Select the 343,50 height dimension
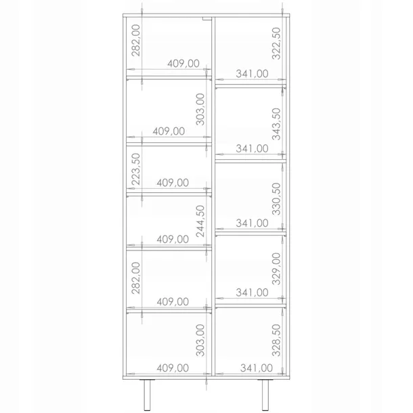pyautogui.click(x=276, y=123)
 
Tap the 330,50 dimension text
pyautogui.click(x=276, y=198)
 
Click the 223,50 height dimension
pyautogui.click(x=136, y=169)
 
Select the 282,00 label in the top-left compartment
pyautogui.click(x=136, y=40)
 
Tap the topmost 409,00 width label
pyautogui.click(x=183, y=64)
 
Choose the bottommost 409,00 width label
pyautogui.click(x=173, y=368)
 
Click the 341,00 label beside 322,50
pyautogui.click(x=252, y=73)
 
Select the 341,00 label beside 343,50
pyautogui.click(x=252, y=148)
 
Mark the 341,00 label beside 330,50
pyautogui.click(x=252, y=222)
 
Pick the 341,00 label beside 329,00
pyautogui.click(x=252, y=292)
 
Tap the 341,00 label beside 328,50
pyautogui.click(x=257, y=368)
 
